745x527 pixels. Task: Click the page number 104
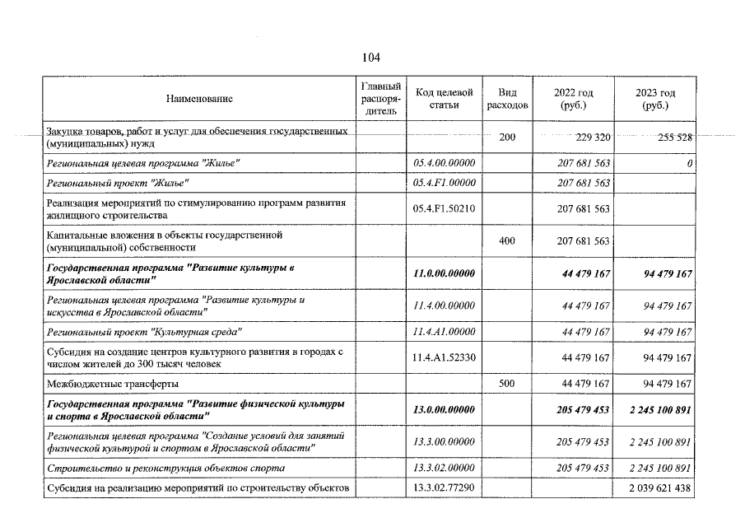coord(370,58)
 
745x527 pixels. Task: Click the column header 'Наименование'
coord(199,99)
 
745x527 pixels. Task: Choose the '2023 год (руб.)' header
coord(655,99)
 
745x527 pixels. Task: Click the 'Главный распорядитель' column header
coord(381,99)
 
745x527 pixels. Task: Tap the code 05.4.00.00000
coord(445,164)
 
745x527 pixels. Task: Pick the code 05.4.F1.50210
coord(445,209)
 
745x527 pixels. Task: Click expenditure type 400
coord(507,241)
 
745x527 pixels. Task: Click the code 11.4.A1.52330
coord(445,358)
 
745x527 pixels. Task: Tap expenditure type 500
coord(507,384)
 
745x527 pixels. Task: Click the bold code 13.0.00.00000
coord(445,410)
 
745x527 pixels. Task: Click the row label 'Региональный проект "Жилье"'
coord(119,183)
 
